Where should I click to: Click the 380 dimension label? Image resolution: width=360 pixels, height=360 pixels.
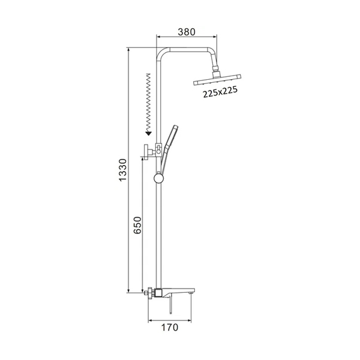click(x=187, y=32)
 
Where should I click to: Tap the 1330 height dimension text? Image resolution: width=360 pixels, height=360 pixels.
click(x=122, y=170)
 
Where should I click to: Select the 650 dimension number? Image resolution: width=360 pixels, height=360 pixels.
click(x=137, y=225)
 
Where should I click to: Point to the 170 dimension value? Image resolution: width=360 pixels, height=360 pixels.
click(x=170, y=327)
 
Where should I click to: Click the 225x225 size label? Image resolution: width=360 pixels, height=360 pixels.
click(x=220, y=92)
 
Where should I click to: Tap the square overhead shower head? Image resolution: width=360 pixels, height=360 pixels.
click(x=217, y=80)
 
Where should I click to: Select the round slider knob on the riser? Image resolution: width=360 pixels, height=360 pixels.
click(x=158, y=178)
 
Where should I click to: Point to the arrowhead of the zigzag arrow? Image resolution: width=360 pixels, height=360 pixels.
click(x=148, y=133)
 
